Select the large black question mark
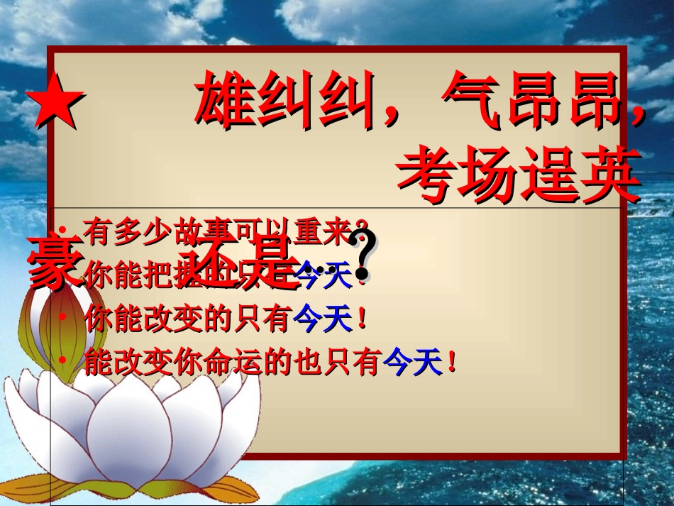tap(364, 257)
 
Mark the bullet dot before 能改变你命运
tap(62, 361)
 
